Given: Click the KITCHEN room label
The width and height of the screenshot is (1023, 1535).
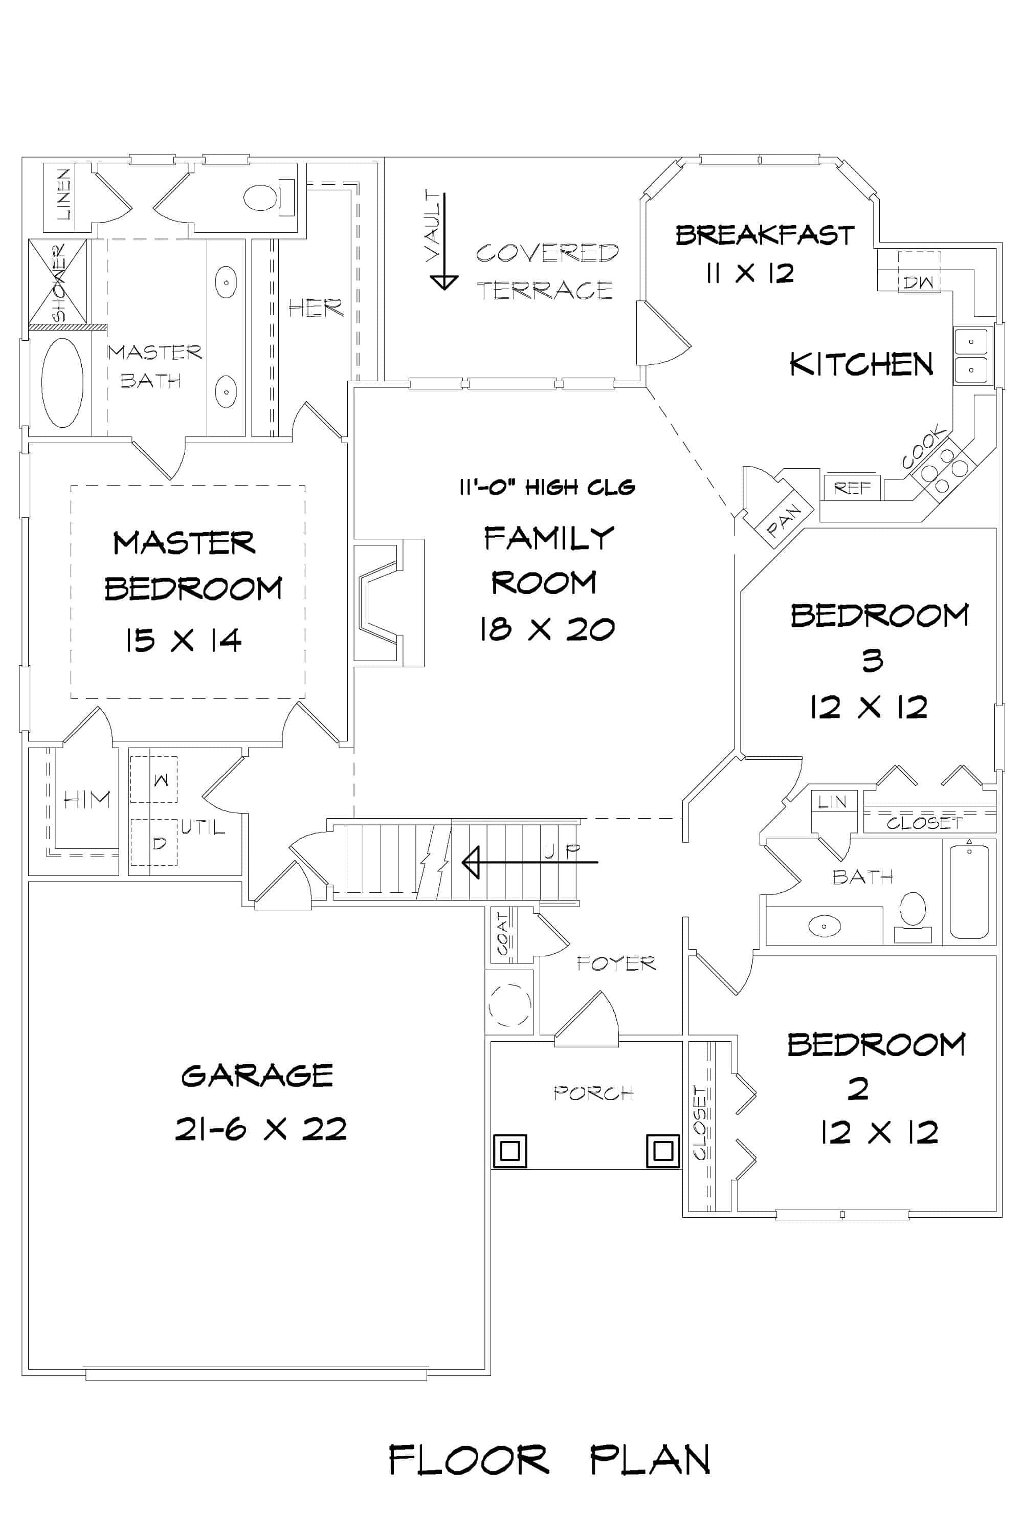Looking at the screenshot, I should tap(861, 364).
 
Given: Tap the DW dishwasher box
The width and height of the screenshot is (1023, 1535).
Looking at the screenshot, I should tap(919, 282).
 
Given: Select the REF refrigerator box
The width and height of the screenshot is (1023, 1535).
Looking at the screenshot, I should tap(852, 488).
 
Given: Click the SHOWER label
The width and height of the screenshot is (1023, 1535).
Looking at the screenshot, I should tap(59, 282).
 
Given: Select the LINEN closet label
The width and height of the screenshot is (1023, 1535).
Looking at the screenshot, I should tap(63, 194).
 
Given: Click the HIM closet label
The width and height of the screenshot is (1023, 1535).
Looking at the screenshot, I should tap(87, 799).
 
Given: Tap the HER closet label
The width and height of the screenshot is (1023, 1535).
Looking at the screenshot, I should tap(315, 308).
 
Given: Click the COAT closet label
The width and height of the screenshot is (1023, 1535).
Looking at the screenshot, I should tap(502, 934).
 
